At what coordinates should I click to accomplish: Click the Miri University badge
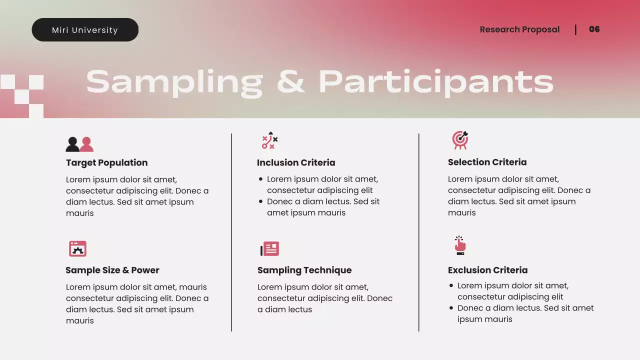click(x=85, y=30)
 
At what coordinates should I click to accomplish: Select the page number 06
click(x=594, y=29)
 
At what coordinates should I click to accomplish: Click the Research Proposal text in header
click(x=519, y=29)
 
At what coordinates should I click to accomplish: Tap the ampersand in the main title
click(x=290, y=81)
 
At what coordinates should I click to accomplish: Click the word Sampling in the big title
click(x=174, y=82)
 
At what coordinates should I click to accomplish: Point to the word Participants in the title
click(x=435, y=82)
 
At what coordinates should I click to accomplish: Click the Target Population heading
click(x=106, y=162)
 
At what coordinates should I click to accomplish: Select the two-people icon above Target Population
click(x=79, y=144)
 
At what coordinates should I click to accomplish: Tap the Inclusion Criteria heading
click(x=296, y=162)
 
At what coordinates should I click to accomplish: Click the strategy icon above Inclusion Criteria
click(x=269, y=141)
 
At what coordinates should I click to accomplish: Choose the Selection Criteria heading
click(x=487, y=162)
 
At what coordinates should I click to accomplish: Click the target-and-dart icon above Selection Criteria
click(x=460, y=140)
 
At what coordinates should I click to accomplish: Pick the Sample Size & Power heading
click(x=112, y=270)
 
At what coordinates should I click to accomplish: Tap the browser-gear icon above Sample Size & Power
click(x=77, y=248)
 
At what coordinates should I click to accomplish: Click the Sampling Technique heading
click(x=304, y=270)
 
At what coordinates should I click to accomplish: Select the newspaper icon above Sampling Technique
click(x=270, y=248)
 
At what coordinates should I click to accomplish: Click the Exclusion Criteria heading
click(x=487, y=270)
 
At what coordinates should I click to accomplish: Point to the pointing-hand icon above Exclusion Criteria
click(x=460, y=245)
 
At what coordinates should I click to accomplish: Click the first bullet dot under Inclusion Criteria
click(x=261, y=179)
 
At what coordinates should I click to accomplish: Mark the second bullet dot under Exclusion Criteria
click(x=451, y=308)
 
